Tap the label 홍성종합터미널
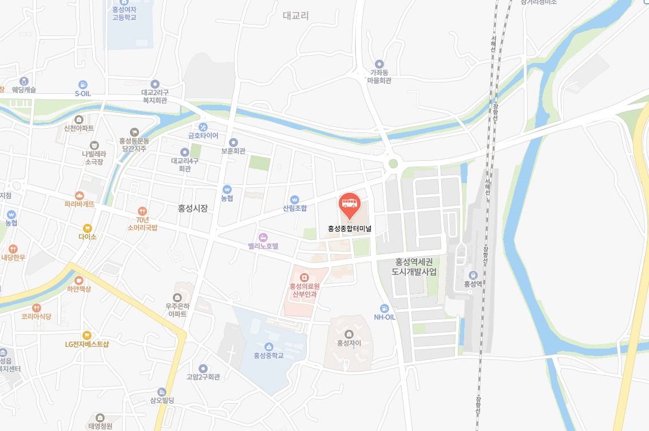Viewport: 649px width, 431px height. coord(350,228)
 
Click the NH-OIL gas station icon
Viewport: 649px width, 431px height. coord(385,308)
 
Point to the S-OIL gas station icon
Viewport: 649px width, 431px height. coord(83,84)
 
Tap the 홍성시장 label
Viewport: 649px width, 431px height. coord(192,208)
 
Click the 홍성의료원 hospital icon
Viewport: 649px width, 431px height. coord(304,278)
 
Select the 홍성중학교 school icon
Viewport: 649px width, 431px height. coord(268,346)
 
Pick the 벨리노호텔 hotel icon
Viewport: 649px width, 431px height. coord(263,237)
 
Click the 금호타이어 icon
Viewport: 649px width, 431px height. coord(203,126)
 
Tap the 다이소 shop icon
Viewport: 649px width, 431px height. coord(88,228)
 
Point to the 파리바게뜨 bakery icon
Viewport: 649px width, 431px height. coord(80,195)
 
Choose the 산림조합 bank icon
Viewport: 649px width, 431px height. coord(295,199)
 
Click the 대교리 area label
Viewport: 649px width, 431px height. coord(296,15)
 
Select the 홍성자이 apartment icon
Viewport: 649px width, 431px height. coord(350,334)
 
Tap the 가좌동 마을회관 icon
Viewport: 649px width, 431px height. coord(379,64)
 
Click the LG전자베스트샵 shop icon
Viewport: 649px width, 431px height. coord(87,335)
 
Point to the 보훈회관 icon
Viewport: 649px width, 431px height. coord(233,142)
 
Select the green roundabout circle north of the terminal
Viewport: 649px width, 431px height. coord(393,164)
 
